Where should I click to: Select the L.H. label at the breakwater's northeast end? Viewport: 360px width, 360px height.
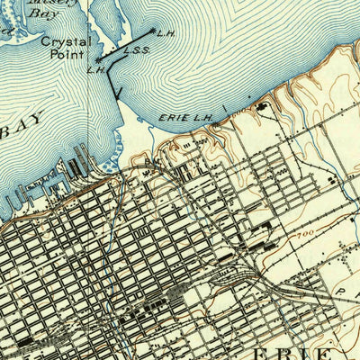coord(164,35)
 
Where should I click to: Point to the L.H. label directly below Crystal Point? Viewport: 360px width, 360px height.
coord(96,69)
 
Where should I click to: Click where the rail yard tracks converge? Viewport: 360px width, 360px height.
coord(261,270)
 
